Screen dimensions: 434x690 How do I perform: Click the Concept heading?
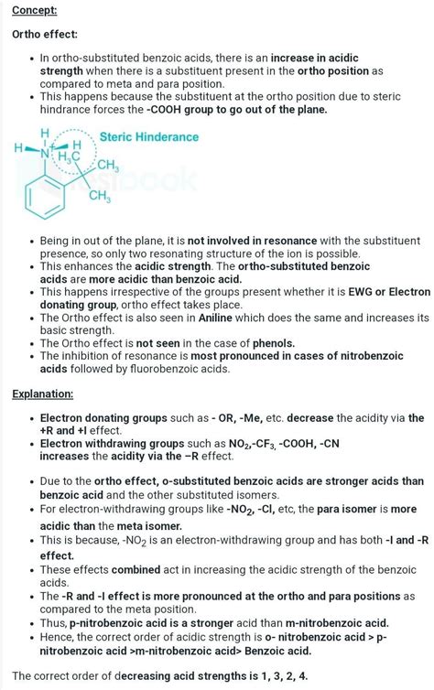pyautogui.click(x=34, y=10)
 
